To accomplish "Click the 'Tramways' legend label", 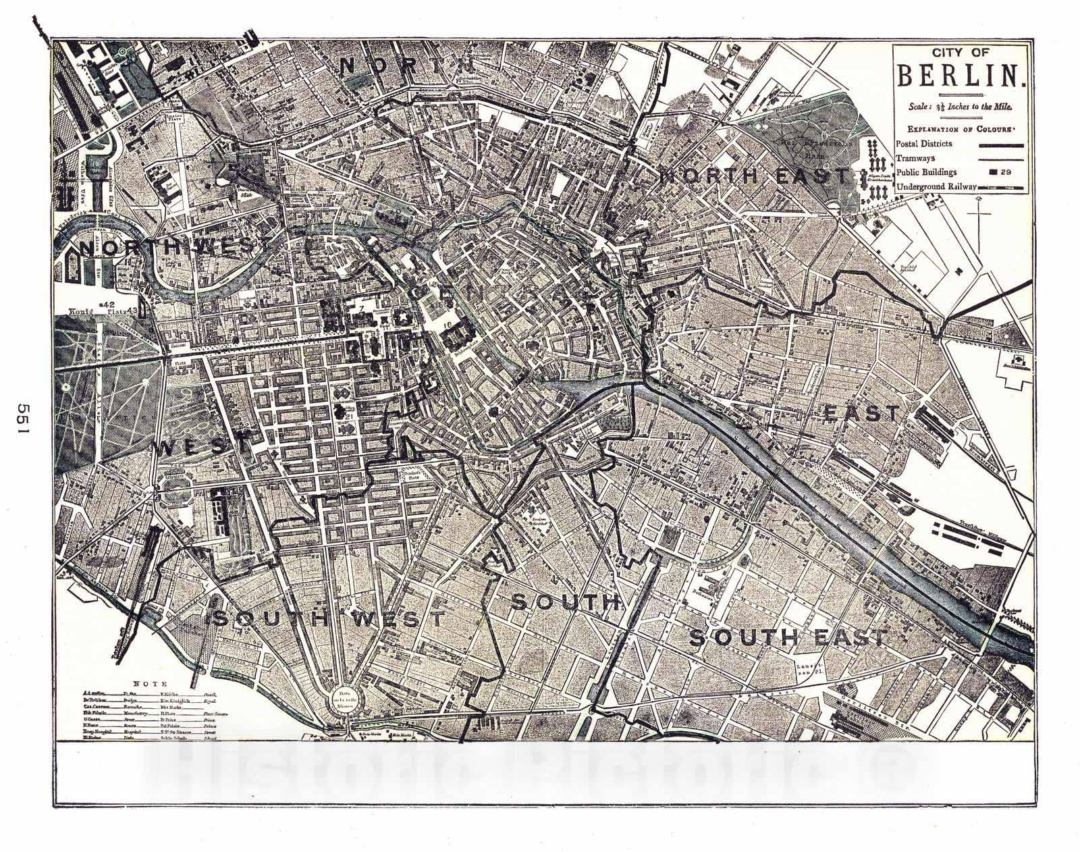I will point(916,158).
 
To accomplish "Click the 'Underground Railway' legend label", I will point(936,186).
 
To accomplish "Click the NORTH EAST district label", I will point(755,177).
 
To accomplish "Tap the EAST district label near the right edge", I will point(861,413).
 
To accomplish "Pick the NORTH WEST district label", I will point(167,248).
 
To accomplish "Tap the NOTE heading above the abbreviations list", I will point(146,683).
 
